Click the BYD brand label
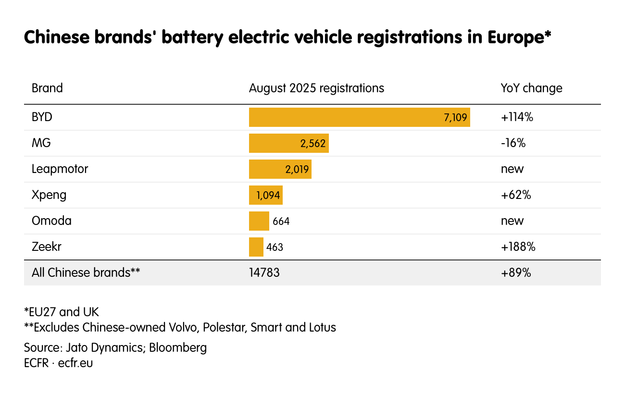(42, 117)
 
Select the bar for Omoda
(259, 221)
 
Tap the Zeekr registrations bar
(256, 247)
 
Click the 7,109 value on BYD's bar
(455, 117)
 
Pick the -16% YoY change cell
(512, 143)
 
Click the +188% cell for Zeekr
(518, 247)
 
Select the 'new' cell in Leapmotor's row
(512, 169)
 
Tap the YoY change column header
(531, 88)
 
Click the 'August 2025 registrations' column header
(316, 88)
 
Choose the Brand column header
(47, 88)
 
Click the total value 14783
(264, 273)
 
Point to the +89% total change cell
(515, 273)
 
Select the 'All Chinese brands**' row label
(86, 273)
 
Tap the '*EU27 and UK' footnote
(61, 312)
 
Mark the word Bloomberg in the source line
(178, 347)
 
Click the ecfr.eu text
(75, 363)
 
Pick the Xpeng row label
(49, 195)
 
